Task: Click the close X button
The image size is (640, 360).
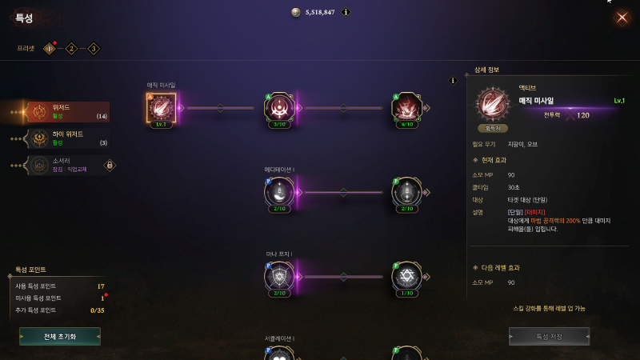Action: (x=622, y=18)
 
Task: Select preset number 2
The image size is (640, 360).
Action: (x=71, y=49)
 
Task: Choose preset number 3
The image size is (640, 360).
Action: (x=94, y=49)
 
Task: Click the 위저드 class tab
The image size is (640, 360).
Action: (x=68, y=112)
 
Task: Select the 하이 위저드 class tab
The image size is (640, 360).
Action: (x=68, y=138)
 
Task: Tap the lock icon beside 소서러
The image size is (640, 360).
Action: (x=110, y=166)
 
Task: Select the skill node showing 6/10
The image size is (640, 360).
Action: (x=407, y=108)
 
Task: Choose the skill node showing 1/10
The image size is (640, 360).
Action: (x=407, y=277)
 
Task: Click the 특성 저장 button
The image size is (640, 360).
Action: (x=549, y=336)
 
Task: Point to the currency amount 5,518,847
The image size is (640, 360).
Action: (x=319, y=13)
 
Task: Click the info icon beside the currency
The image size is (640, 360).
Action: (x=346, y=12)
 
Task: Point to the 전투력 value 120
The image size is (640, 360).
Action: (x=583, y=115)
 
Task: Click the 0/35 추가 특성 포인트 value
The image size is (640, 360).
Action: (x=98, y=310)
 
